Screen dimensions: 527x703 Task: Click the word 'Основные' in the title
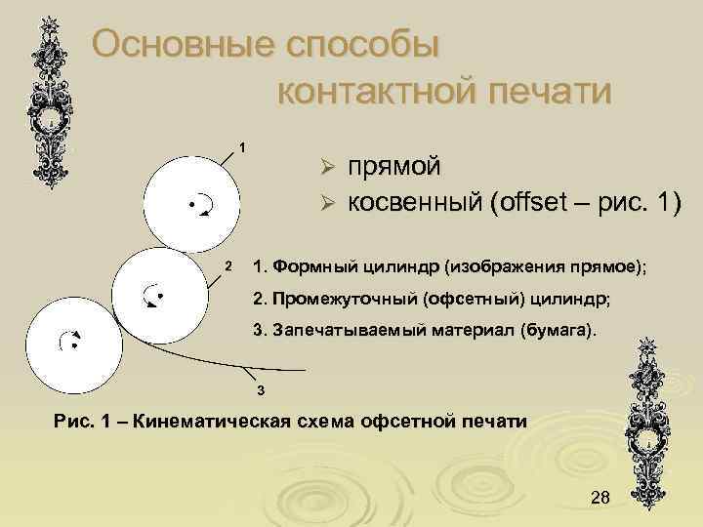pos(178,45)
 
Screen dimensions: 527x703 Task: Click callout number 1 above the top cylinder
pos(242,147)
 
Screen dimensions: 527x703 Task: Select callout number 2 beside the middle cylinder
pos(226,266)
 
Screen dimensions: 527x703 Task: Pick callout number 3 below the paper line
pos(261,391)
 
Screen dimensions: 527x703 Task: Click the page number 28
pos(600,499)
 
